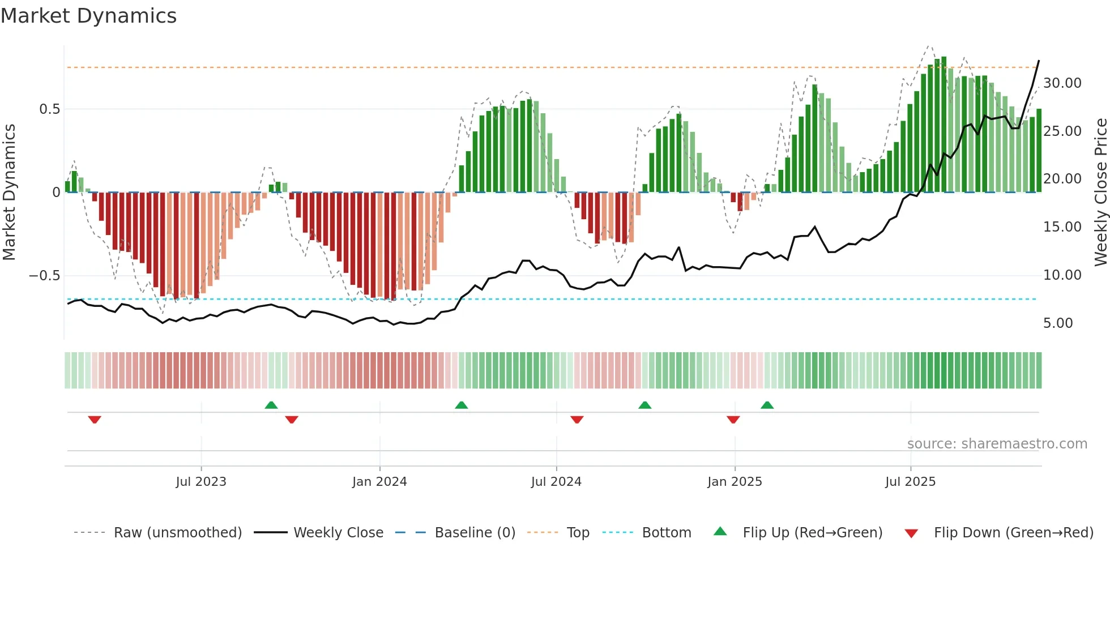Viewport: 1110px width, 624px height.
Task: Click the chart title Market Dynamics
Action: click(89, 16)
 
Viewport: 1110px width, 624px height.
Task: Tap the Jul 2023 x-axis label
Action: click(200, 482)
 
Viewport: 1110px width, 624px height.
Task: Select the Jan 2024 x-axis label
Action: click(379, 482)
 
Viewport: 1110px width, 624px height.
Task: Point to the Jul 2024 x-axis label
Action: click(556, 482)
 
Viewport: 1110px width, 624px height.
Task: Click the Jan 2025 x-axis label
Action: click(735, 482)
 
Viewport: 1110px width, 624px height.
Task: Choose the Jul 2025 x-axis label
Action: click(910, 482)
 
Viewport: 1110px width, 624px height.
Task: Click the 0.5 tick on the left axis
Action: click(49, 109)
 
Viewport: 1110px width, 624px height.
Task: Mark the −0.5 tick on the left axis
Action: click(44, 276)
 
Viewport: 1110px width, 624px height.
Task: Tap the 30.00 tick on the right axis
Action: click(1062, 83)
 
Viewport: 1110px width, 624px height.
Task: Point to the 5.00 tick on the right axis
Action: click(1057, 323)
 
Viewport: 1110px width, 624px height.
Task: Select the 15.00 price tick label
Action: click(1062, 227)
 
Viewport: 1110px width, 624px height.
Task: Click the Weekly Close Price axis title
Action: click(1100, 192)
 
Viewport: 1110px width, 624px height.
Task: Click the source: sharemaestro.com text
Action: click(997, 444)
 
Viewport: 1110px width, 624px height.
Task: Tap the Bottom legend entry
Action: click(666, 533)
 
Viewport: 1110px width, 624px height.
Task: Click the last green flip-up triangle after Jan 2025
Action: click(767, 405)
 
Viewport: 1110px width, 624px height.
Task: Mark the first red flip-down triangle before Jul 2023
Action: click(95, 420)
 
